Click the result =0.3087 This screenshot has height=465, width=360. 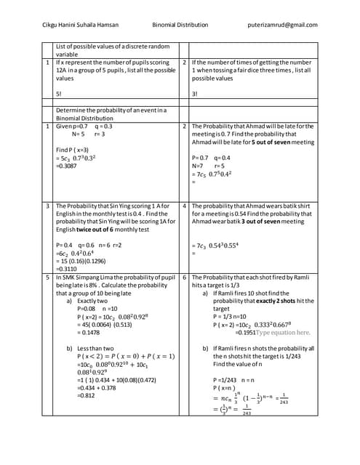click(68, 166)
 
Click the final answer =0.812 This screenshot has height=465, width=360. click(89, 396)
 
